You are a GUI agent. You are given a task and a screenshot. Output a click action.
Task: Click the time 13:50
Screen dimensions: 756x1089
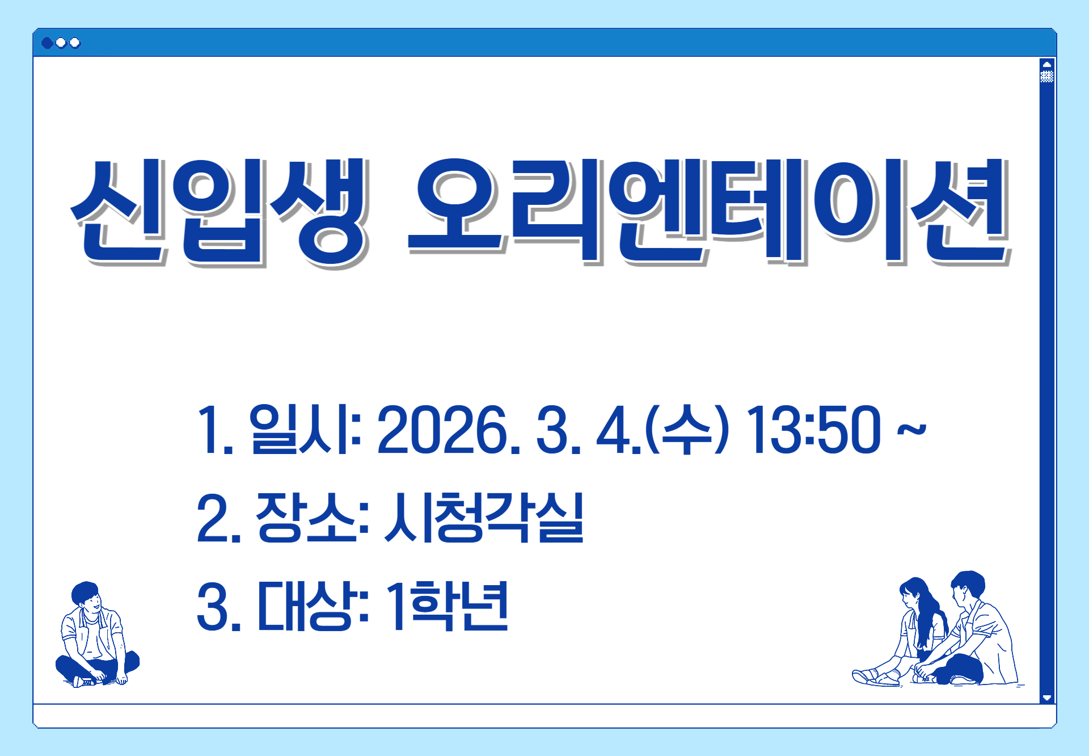coord(813,430)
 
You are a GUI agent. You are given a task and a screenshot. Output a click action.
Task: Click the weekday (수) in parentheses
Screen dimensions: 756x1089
coord(687,430)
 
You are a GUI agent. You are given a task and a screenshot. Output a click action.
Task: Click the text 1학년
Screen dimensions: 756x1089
coord(447,606)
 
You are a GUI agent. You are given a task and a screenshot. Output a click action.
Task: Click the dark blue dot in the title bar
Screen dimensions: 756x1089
coord(48,43)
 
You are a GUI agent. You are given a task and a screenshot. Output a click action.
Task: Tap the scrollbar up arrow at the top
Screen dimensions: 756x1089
coord(1047,64)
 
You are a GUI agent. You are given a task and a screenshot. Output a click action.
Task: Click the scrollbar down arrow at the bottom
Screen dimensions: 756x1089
coord(1047,697)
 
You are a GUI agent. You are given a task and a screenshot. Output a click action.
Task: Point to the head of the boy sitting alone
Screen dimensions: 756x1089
coord(87,597)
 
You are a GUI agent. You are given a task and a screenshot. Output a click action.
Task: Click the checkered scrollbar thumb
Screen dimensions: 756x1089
coord(1047,76)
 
